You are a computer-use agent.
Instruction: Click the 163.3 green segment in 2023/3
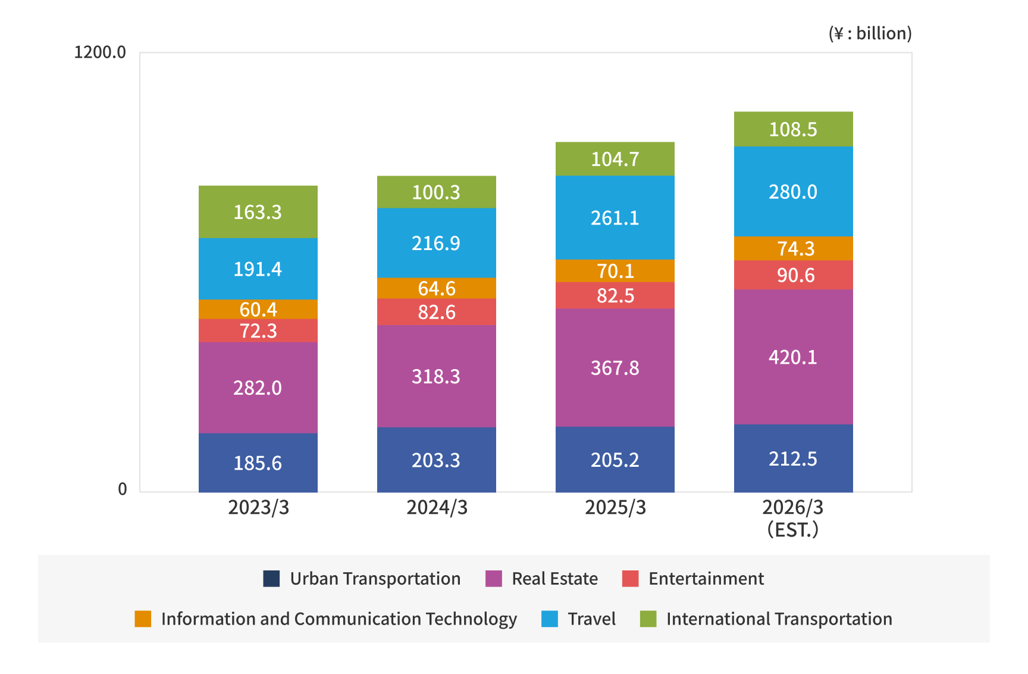coord(258,212)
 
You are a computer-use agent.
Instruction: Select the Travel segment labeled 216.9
coord(436,243)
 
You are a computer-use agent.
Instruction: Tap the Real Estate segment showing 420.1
coord(793,357)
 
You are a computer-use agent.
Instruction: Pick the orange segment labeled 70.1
coord(615,271)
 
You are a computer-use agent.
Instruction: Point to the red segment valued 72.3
coord(258,330)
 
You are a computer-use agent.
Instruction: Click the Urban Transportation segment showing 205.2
coord(615,460)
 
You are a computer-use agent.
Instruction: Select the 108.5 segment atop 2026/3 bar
coord(793,129)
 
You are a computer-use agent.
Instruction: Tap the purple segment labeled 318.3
coord(436,376)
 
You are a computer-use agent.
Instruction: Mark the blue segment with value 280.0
coord(793,192)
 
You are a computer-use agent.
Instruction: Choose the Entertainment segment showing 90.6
coord(793,275)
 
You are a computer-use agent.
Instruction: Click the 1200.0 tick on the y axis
coord(100,52)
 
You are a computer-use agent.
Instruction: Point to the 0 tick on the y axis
coord(123,489)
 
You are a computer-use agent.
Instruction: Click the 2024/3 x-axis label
coord(437,507)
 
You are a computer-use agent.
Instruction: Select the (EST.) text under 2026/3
coord(793,529)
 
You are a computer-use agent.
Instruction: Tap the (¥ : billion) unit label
coord(870,33)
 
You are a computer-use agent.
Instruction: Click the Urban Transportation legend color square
coord(271,579)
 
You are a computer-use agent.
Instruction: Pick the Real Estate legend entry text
coord(554,579)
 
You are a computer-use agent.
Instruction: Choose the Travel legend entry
coord(591,619)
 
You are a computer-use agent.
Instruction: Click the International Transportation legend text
coord(779,619)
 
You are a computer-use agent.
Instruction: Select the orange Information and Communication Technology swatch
coord(143,619)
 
